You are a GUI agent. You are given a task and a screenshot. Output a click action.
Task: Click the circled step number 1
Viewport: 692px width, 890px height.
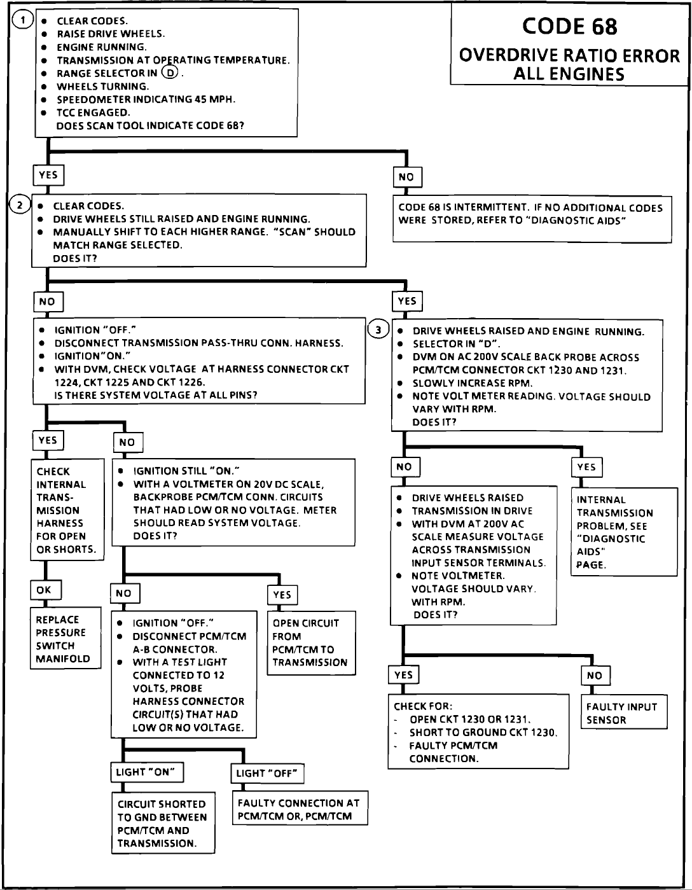[23, 20]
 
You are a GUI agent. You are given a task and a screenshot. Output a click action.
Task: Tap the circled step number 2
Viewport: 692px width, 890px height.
[20, 205]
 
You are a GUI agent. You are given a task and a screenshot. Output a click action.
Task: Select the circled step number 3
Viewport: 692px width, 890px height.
[378, 330]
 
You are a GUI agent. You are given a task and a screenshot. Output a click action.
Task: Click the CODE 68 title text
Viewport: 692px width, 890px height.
[570, 26]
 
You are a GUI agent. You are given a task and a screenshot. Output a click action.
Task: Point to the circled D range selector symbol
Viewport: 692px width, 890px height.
[170, 73]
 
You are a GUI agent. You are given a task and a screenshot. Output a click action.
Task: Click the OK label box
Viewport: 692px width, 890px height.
[46, 590]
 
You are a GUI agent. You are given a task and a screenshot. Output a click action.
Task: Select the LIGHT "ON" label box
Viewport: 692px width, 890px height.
[147, 772]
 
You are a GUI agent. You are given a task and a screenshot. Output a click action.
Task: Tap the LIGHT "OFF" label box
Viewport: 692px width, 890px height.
[267, 774]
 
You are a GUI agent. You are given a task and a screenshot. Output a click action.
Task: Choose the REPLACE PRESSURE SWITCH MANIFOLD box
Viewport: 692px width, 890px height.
[66, 637]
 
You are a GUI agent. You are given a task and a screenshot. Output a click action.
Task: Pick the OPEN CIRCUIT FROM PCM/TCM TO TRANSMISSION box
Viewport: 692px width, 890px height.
[312, 643]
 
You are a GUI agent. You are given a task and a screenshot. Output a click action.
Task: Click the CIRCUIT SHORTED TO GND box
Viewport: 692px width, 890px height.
[163, 823]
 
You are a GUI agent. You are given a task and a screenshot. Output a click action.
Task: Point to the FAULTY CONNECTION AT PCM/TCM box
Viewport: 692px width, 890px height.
[300, 808]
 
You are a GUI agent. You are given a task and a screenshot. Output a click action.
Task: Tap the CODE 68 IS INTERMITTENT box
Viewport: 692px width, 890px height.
[532, 219]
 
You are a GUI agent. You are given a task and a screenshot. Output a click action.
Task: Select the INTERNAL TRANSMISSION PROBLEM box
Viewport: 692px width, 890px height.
[625, 532]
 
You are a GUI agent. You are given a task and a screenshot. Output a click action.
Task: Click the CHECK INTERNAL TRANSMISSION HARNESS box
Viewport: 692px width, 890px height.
[67, 510]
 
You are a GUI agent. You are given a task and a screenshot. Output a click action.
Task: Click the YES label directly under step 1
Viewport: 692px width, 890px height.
[48, 175]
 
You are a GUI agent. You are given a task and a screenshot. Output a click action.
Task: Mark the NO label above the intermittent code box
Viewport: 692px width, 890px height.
[408, 177]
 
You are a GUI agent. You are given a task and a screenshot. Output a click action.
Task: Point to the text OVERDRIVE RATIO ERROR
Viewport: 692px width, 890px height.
[569, 56]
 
